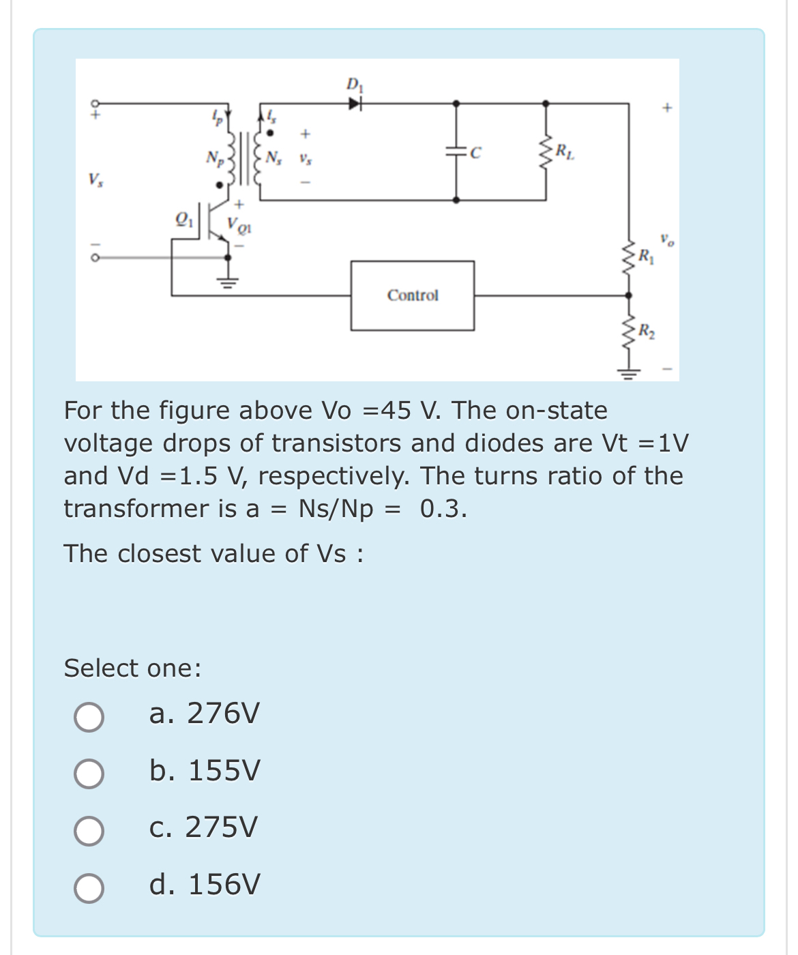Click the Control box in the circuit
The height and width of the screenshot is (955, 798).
pyautogui.click(x=412, y=295)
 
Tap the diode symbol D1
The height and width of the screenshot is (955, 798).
pyautogui.click(x=354, y=104)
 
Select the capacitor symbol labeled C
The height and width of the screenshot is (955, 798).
pyautogui.click(x=456, y=153)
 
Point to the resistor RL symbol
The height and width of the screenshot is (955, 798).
pyautogui.click(x=546, y=153)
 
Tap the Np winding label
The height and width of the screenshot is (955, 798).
pyautogui.click(x=214, y=158)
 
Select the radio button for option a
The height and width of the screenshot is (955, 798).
pyautogui.click(x=89, y=717)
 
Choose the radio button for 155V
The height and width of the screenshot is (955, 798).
pyautogui.click(x=89, y=774)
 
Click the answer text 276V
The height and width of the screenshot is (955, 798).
pyautogui.click(x=223, y=714)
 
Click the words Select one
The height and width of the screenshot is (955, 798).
pyautogui.click(x=132, y=668)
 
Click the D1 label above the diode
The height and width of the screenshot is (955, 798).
pyautogui.click(x=355, y=85)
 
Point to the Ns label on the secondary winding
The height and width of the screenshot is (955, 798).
pyautogui.click(x=274, y=158)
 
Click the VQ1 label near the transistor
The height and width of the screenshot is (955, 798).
pyautogui.click(x=239, y=224)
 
